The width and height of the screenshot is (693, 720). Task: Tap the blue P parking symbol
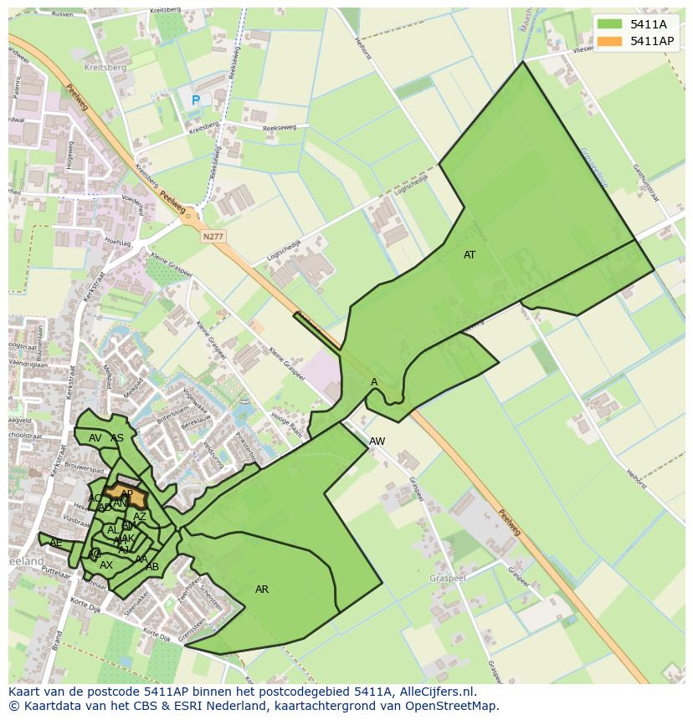tap(196, 100)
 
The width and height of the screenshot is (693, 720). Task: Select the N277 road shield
tap(213, 237)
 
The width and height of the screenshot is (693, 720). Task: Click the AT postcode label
tap(470, 255)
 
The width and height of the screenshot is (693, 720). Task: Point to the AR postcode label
tap(262, 590)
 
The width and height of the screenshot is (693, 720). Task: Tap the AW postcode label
tap(377, 442)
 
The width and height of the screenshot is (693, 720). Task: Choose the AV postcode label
tap(95, 438)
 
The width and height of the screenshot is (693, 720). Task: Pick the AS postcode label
tap(117, 438)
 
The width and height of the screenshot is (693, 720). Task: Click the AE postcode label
tap(56, 543)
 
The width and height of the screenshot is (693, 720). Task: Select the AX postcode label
tap(106, 565)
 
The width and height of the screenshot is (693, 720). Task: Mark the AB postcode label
tap(152, 567)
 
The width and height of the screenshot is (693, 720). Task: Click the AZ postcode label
tap(140, 517)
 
